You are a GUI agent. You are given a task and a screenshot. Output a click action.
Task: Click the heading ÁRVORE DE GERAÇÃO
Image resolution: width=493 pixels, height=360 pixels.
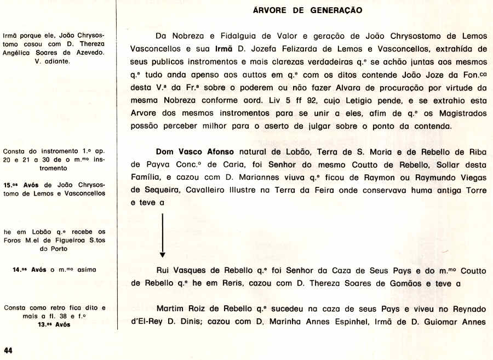coord(307,10)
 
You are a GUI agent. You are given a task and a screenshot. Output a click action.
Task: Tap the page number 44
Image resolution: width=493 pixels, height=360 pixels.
coord(8,350)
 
